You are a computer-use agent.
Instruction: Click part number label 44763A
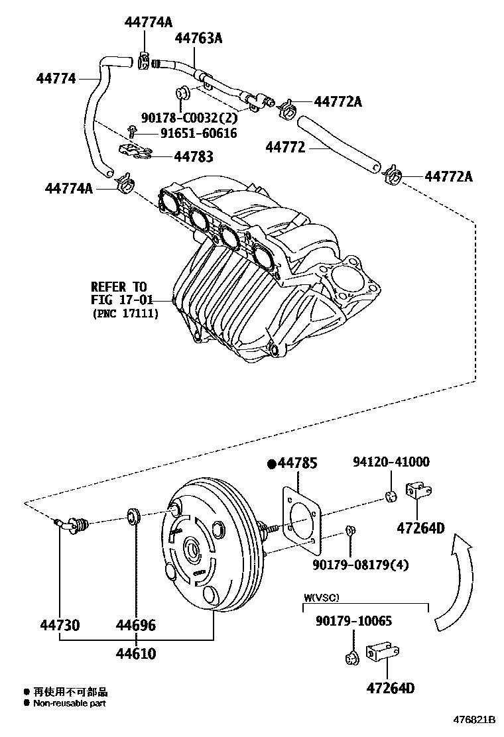198,38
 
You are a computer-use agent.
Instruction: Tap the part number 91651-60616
198,133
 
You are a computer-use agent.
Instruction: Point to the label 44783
194,157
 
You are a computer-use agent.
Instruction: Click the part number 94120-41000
391,462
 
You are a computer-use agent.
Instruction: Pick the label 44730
60,625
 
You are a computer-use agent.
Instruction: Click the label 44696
136,625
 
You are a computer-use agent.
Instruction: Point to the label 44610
136,654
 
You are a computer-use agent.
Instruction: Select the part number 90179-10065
353,622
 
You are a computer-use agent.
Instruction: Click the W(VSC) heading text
322,597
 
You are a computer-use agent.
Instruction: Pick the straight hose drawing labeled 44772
338,142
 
